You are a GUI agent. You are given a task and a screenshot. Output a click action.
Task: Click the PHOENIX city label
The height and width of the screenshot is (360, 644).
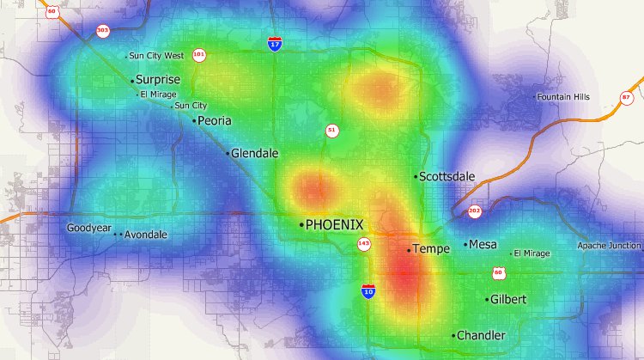pos(335,224)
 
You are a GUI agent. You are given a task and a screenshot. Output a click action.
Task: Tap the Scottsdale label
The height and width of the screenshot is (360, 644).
pos(447,176)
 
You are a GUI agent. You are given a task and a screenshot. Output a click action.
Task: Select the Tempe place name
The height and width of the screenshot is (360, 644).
pos(431,249)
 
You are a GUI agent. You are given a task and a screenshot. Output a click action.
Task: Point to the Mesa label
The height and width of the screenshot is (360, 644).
pos(483,244)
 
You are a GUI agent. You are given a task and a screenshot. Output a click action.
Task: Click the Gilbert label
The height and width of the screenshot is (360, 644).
pos(507,299)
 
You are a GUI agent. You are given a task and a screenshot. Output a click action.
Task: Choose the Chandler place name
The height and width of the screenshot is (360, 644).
pos(481,335)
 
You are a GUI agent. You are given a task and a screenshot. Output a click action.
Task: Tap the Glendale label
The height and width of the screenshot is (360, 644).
pos(254,153)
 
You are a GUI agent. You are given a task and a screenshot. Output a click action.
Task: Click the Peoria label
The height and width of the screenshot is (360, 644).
pos(215,120)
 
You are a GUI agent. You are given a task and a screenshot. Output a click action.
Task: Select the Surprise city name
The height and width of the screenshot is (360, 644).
pos(158,80)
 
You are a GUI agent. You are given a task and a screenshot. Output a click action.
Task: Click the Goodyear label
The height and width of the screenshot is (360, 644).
pos(89,229)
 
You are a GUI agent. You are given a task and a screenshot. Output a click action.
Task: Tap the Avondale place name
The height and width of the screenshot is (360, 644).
pos(145,235)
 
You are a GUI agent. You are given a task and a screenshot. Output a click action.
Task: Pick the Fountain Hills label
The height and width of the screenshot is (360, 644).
pos(564,97)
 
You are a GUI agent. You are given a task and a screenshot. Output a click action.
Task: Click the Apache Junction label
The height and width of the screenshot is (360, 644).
pos(610,246)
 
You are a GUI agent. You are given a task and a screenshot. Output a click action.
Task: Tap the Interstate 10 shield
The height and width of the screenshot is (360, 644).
pos(368,290)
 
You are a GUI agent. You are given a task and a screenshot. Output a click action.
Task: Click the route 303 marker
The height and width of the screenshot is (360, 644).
pos(103,30)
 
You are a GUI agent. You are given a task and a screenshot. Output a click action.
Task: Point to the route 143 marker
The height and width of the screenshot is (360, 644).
pos(363,245)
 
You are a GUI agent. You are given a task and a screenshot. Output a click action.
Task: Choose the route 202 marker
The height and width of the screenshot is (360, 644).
pos(474,211)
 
